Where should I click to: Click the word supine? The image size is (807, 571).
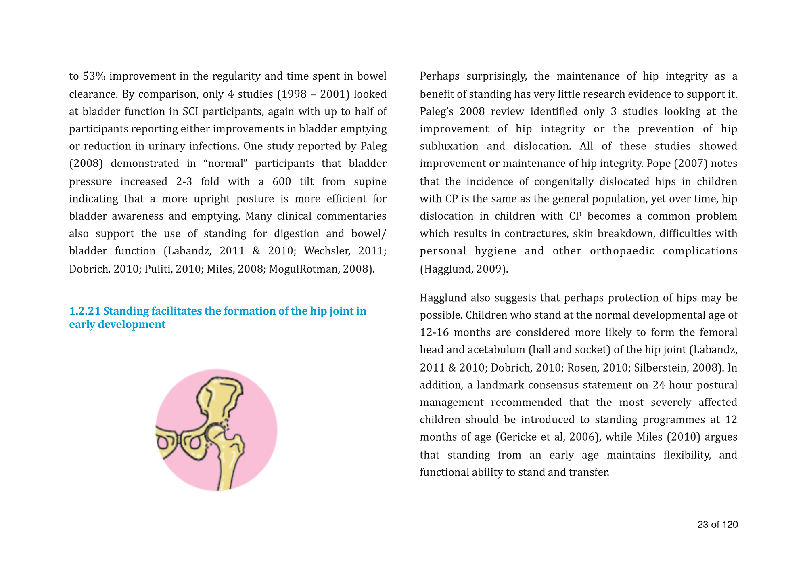point(370,181)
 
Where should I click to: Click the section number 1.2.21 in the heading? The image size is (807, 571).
point(84,311)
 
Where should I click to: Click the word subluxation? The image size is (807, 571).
point(449,146)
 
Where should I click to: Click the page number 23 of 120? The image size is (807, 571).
point(717,525)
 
